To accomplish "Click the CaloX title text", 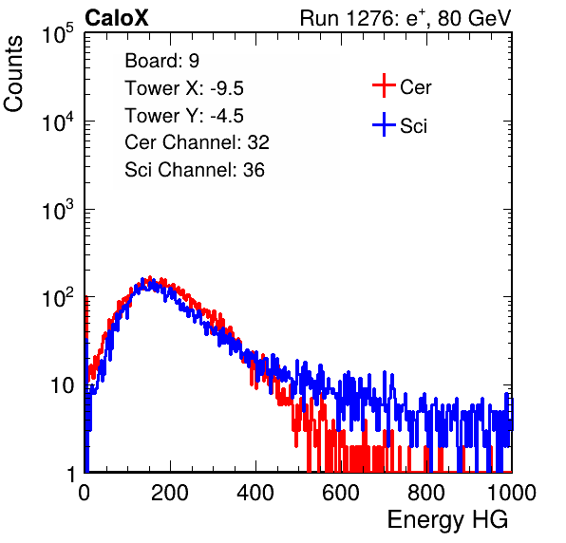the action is coord(117,18).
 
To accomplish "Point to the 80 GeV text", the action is coord(475,18).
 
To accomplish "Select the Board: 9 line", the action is coord(161,61).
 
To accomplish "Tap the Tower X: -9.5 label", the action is coord(184,88).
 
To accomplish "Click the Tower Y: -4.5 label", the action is coord(184,116).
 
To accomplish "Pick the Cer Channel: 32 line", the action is coord(198,142).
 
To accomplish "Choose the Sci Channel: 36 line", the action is coord(195,170).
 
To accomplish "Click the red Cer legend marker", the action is coord(384,85).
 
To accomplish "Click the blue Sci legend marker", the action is coord(384,125).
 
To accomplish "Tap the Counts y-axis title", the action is coord(13,73).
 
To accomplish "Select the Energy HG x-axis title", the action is coord(447,520).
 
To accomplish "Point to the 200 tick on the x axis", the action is coord(170,493).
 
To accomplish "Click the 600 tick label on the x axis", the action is coord(341,493).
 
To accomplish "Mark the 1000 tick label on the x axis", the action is coord(512,493).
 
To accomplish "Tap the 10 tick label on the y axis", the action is coord(62,385).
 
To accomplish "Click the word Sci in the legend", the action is coord(414,126).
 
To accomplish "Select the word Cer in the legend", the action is coord(416,87).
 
